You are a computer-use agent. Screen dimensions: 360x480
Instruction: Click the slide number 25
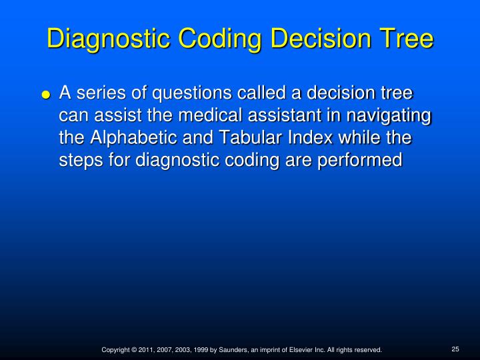click(456, 348)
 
